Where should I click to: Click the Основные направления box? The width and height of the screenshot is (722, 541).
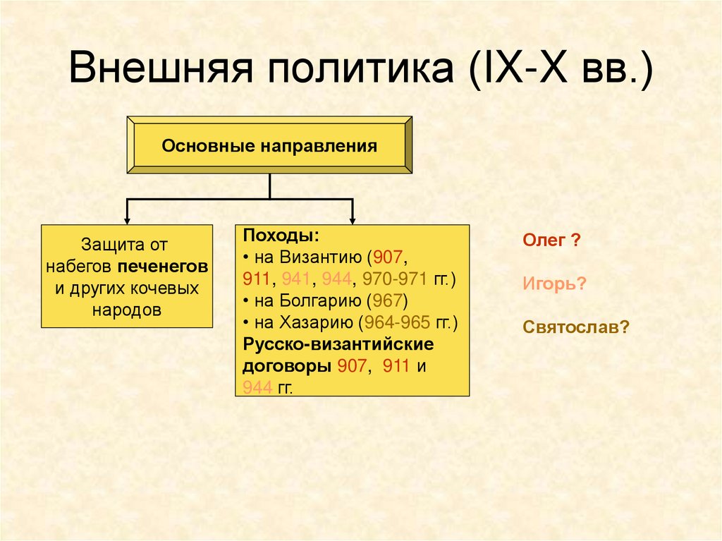pos(269,146)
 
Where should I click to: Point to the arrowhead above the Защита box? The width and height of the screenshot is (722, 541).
pos(127,217)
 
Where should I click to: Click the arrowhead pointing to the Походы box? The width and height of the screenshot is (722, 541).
pos(352,217)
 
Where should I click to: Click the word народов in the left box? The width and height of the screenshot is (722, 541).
pos(127,310)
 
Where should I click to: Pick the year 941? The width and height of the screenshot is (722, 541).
pos(297,278)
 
